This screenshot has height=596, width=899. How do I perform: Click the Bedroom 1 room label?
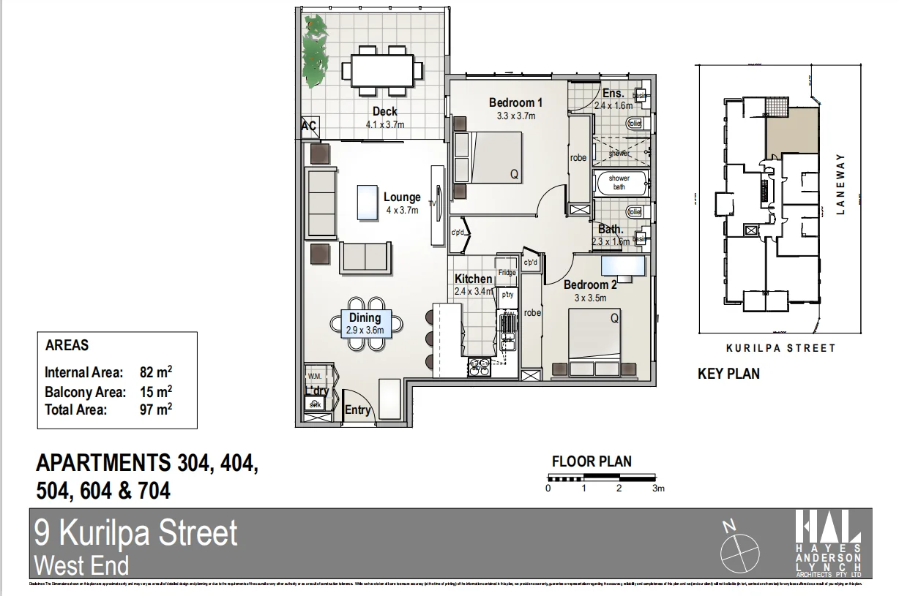pos(515,103)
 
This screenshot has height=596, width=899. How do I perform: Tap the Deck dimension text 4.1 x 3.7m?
pos(384,124)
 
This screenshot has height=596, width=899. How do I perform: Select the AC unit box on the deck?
pos(309,127)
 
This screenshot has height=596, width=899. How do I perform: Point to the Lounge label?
pos(402,197)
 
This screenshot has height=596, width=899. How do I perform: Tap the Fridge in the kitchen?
pos(507,272)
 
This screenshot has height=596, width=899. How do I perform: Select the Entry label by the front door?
pos(357,410)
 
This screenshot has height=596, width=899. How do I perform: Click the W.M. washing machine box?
pos(315,377)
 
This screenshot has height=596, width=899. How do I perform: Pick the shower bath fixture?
pos(619,183)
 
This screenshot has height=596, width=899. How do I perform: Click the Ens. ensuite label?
pos(613,94)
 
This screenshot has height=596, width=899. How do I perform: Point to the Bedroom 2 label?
pos(590,285)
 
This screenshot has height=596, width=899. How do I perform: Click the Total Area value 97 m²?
pos(155,410)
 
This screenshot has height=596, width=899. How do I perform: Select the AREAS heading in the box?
pos(67,345)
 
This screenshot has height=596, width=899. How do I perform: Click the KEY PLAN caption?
pos(728,374)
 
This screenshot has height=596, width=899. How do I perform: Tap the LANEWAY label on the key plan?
pos(840,184)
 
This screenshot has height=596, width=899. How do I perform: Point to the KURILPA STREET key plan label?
pos(780,348)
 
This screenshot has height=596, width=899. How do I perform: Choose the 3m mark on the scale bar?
pos(657,489)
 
